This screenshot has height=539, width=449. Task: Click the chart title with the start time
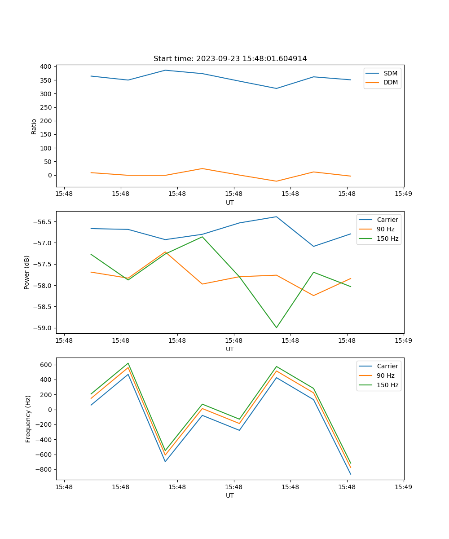[230, 59]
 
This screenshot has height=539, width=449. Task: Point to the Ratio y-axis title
[34, 126]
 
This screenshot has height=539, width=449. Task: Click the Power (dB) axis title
[27, 272]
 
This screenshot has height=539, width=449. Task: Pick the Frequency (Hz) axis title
[28, 419]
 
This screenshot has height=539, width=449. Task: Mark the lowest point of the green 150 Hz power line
[276, 327]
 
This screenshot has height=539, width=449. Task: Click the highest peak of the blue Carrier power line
[276, 217]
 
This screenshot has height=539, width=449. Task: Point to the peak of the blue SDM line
[165, 70]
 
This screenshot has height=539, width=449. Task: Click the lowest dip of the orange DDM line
[276, 181]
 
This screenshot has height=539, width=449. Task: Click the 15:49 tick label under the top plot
[403, 194]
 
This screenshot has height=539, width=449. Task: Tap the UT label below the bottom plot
[230, 495]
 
